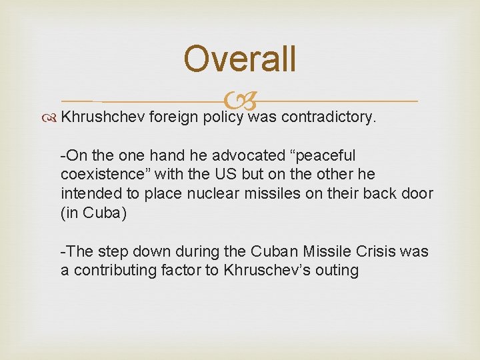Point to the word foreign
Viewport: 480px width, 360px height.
[175, 117]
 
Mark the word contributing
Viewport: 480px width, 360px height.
[113, 271]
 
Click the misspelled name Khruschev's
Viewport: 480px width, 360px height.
[269, 271]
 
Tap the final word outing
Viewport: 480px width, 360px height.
[336, 271]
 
